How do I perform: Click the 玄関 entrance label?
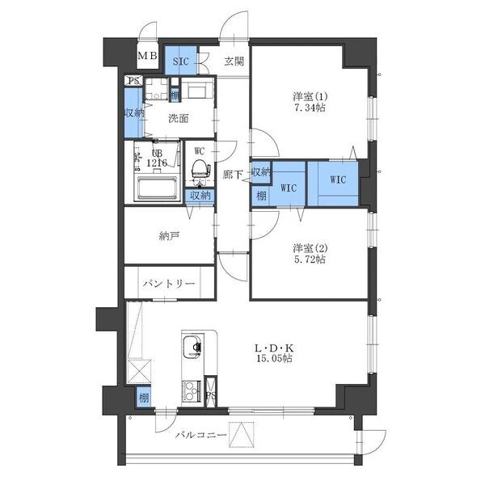click(234, 61)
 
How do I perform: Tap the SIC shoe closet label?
click(178, 61)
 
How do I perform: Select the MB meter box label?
click(146, 56)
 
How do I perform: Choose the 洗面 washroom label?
click(178, 118)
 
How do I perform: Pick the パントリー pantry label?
click(169, 285)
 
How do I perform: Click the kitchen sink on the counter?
click(192, 348)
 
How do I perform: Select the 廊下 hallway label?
click(234, 174)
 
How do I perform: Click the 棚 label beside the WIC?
click(261, 196)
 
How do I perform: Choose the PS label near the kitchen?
click(211, 397)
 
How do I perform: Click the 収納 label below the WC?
click(200, 195)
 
